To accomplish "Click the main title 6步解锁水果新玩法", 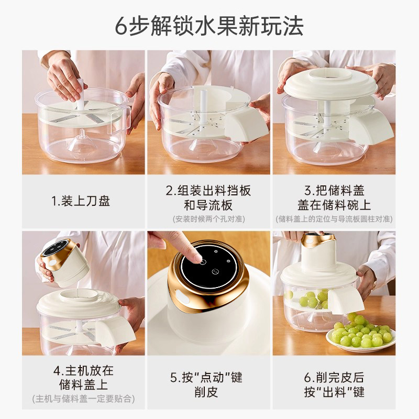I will click(x=209, y=26).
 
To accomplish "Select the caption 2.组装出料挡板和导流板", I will click(x=208, y=197).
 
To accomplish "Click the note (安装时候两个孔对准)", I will click(x=208, y=218).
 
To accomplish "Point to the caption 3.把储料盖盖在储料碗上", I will click(x=334, y=197).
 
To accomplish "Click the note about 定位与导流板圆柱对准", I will click(x=334, y=218).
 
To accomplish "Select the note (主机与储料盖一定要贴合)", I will click(x=83, y=399).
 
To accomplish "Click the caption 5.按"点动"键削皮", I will click(x=208, y=384).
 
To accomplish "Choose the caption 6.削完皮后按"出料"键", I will click(x=334, y=384).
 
